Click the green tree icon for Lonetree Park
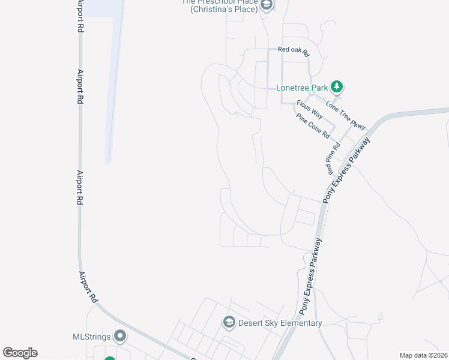click(x=337, y=87)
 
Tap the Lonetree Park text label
click(x=302, y=88)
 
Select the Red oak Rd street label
click(x=292, y=50)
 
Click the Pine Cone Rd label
click(x=314, y=126)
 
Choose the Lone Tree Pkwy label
click(x=345, y=115)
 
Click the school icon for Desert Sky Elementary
click(x=228, y=323)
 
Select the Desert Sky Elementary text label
click(x=280, y=323)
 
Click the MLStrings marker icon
click(x=120, y=336)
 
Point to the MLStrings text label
click(x=92, y=337)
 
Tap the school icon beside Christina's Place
click(x=267, y=5)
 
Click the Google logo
click(x=20, y=353)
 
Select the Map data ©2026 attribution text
click(x=423, y=355)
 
